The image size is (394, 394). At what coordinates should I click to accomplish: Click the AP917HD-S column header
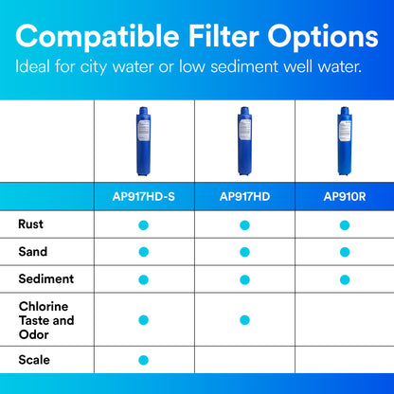pos(144,197)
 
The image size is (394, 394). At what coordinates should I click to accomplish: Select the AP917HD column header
pos(244,197)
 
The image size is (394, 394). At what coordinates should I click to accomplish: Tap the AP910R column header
pos(345,197)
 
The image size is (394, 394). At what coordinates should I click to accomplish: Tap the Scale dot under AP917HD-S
pos(144,360)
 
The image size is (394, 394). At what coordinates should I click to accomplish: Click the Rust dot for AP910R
pos(345,224)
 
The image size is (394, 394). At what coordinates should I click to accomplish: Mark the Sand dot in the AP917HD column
pos(244,251)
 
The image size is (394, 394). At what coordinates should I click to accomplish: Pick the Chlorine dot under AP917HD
pos(244,319)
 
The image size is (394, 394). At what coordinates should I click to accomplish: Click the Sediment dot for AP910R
pos(345,278)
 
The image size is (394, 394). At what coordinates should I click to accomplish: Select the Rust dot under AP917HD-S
pos(144,224)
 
